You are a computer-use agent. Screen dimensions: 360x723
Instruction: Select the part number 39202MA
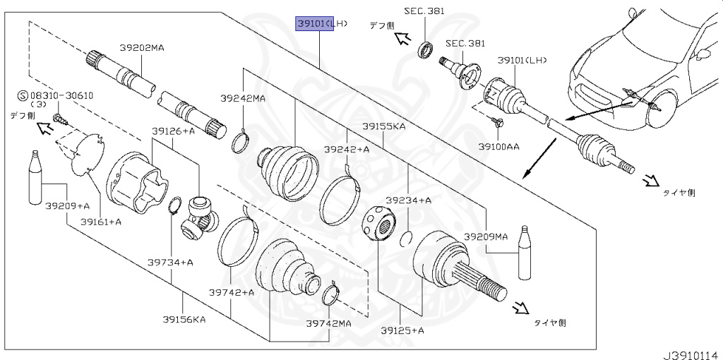(141, 48)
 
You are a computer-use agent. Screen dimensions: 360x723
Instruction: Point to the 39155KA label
(383, 126)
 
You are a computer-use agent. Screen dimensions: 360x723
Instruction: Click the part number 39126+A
(173, 131)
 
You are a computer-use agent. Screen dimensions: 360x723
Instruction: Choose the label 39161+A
(100, 221)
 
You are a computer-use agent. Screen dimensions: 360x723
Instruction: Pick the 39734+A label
(170, 263)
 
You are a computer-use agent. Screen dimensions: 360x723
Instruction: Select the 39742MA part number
(328, 323)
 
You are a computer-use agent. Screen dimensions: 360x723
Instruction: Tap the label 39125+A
(402, 330)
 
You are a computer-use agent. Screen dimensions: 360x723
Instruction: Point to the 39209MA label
(485, 236)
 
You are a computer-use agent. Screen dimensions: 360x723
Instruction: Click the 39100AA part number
(498, 146)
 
